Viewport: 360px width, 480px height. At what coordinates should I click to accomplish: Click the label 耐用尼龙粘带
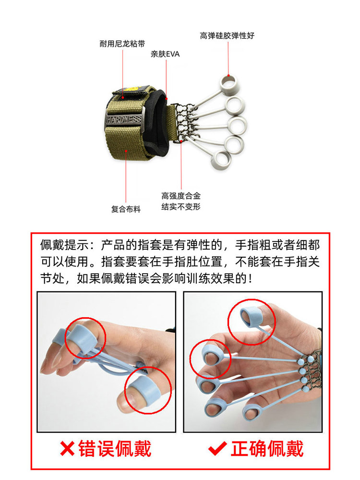coord(122,44)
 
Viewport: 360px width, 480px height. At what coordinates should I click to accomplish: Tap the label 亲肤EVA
coord(165,54)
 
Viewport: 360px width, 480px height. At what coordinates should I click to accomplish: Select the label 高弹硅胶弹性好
coord(227,36)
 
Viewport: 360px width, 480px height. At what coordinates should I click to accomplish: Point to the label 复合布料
coord(126,209)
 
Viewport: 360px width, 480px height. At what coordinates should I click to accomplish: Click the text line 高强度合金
coord(181,196)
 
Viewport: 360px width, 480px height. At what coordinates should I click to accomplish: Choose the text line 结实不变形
coord(181,206)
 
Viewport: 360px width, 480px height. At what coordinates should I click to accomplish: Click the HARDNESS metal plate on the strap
coord(124,119)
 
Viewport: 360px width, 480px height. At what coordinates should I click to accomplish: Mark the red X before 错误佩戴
coord(67,449)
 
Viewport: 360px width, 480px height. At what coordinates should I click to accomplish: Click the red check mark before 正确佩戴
coord(217,449)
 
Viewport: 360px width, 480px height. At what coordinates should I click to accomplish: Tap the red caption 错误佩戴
coord(115,449)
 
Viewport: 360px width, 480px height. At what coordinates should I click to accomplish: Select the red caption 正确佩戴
coord(267,449)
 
